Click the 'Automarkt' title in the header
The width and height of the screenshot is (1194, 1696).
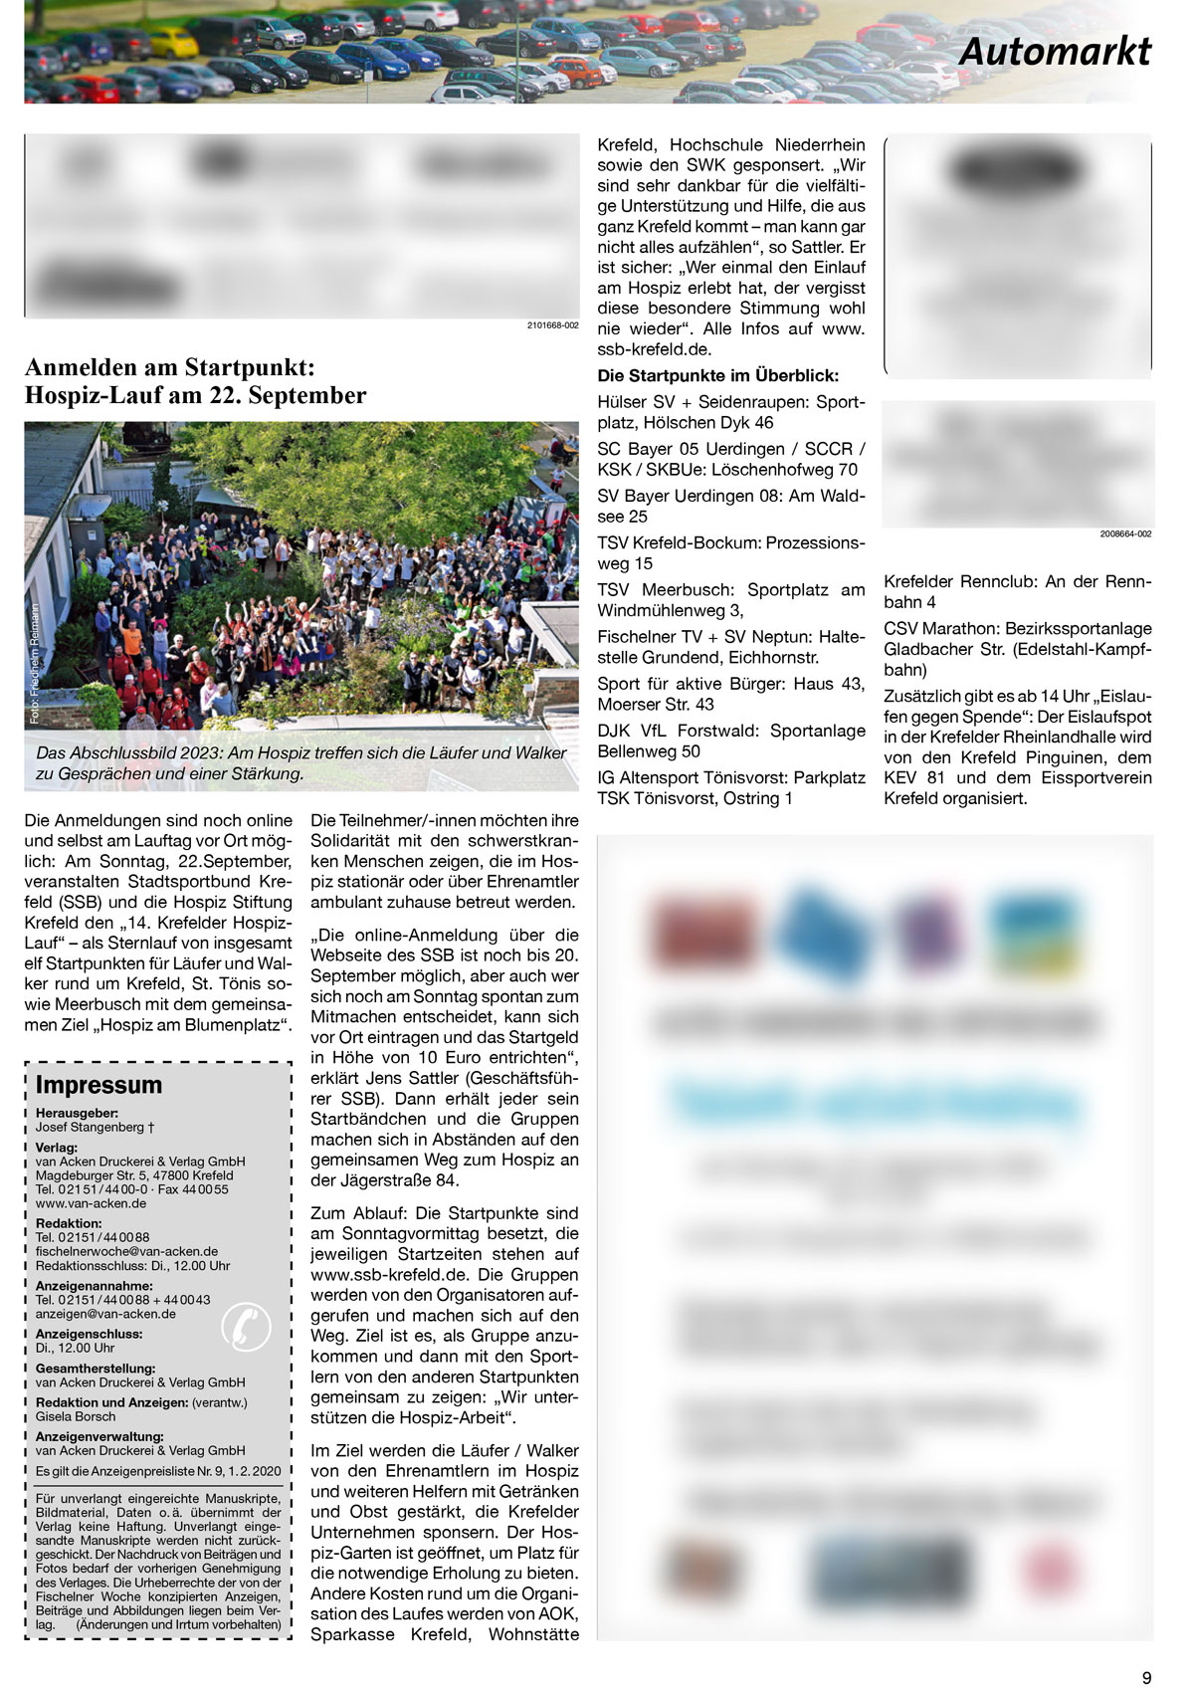(x=1054, y=52)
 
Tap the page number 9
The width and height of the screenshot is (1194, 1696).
(x=1146, y=1677)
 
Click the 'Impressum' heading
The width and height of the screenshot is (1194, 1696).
(x=99, y=1085)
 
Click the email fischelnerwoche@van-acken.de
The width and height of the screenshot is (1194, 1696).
(x=126, y=1251)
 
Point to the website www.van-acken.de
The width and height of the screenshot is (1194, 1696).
(x=91, y=1203)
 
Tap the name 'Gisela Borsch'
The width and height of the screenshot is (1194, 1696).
(x=76, y=1416)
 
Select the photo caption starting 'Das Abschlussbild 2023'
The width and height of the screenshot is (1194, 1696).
(x=300, y=762)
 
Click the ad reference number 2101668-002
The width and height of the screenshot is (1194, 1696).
(x=552, y=325)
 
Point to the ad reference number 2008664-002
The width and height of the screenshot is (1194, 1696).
(x=1125, y=534)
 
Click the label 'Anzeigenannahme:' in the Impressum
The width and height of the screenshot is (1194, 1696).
(x=94, y=1286)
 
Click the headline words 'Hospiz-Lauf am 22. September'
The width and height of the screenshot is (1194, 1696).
(x=195, y=396)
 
